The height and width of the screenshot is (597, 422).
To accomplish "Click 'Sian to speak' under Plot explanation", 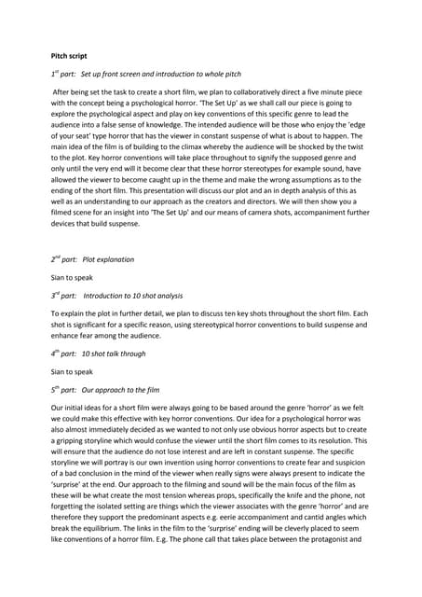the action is [70, 278].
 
